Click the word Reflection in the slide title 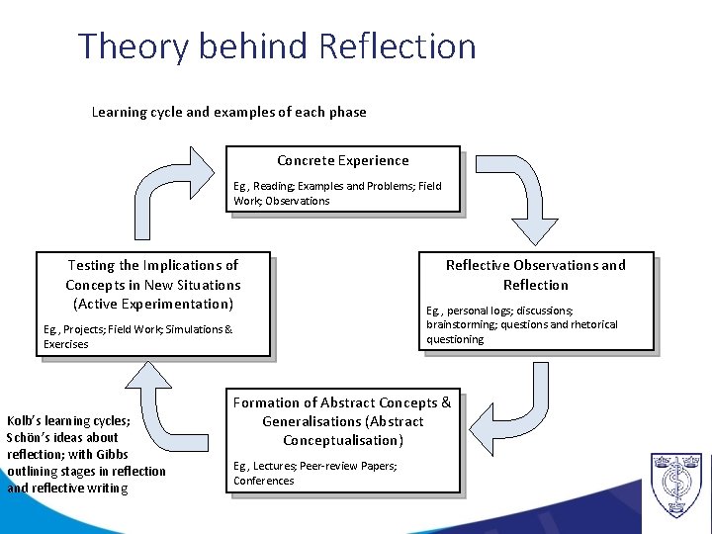[x=397, y=46]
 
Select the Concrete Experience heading [x=342, y=160]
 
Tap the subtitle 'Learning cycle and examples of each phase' [x=228, y=112]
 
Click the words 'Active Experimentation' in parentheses [x=153, y=304]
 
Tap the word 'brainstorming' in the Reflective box [x=463, y=324]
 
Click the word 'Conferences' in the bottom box [x=263, y=481]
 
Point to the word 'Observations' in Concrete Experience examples [x=296, y=201]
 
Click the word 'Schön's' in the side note [x=29, y=437]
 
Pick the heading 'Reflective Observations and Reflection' [x=535, y=274]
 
